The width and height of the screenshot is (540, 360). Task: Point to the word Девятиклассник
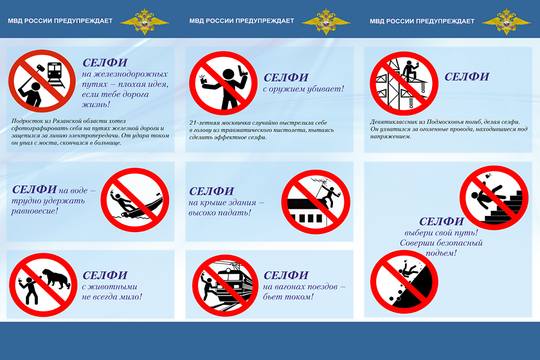tap(398, 122)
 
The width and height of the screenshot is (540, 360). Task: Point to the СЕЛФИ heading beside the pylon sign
tap(466, 77)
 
